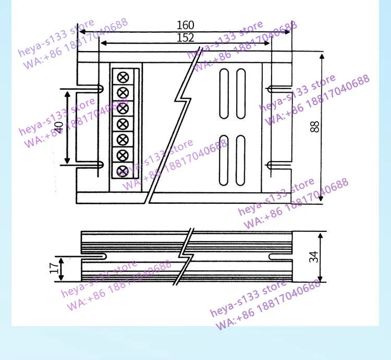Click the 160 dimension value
pyautogui.click(x=185, y=25)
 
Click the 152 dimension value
pyautogui.click(x=185, y=38)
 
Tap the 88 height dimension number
pyautogui.click(x=315, y=127)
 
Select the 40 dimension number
pyautogui.click(x=59, y=128)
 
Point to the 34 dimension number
pyautogui.click(x=314, y=257)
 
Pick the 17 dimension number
pyautogui.click(x=54, y=268)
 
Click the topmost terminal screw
pyautogui.click(x=123, y=77)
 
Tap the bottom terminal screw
pyautogui.click(x=123, y=171)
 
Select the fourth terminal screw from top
pyautogui.click(x=123, y=124)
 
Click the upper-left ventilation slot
pyautogui.click(x=224, y=94)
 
